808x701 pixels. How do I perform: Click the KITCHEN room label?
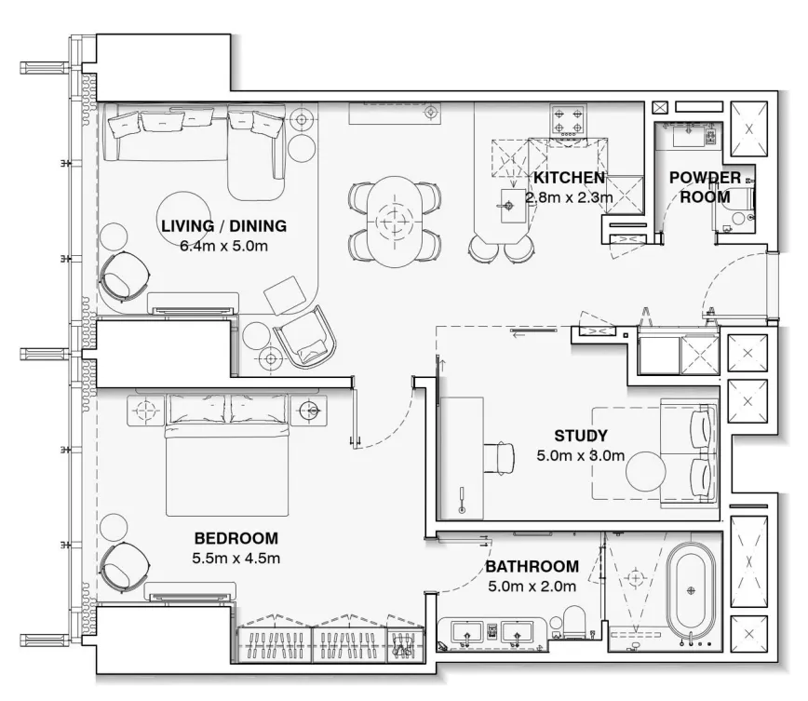click(569, 177)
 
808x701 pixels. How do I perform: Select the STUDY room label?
click(580, 435)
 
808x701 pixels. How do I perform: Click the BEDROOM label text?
click(236, 538)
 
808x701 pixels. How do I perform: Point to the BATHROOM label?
click(532, 566)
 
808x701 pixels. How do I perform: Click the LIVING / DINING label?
click(223, 225)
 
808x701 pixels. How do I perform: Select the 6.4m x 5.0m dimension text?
click(223, 247)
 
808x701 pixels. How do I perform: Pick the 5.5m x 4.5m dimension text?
click(236, 559)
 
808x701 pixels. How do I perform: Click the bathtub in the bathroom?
click(691, 589)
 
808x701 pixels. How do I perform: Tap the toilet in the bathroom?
click(572, 624)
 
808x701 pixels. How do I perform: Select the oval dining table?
click(395, 222)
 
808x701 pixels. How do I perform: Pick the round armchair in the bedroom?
click(124, 567)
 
